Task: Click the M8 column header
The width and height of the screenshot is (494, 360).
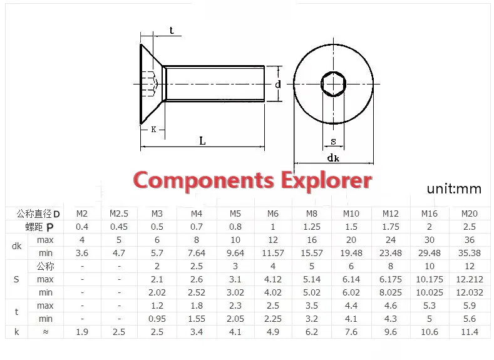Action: click(312, 213)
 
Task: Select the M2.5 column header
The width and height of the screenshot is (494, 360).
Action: click(119, 213)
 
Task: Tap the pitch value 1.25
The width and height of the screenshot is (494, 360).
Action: click(312, 227)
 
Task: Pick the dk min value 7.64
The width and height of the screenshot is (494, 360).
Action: click(196, 253)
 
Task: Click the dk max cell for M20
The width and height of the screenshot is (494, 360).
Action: click(470, 240)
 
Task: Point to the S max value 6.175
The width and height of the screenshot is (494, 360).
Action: click(390, 279)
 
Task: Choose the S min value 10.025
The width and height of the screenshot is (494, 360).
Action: click(430, 292)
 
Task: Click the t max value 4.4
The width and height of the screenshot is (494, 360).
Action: click(351, 306)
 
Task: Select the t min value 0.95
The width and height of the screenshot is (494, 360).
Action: click(157, 319)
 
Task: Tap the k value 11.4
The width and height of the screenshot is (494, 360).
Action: click(470, 332)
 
